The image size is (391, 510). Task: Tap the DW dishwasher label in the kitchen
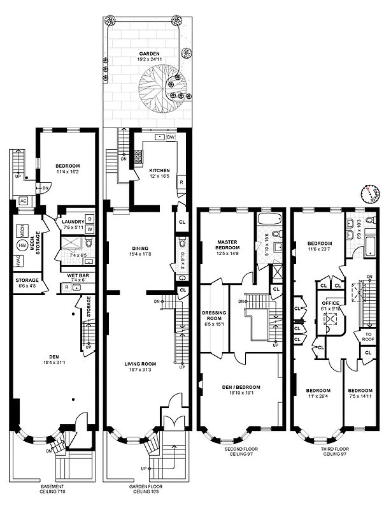pyautogui.click(x=171, y=138)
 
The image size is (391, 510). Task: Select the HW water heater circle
pyautogui.click(x=23, y=245)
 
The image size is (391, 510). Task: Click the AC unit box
pyautogui.click(x=24, y=200)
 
